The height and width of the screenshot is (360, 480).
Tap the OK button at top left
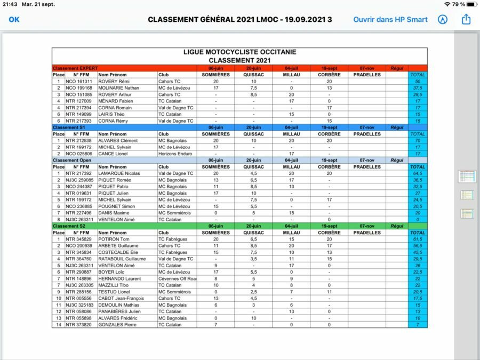pos(14,19)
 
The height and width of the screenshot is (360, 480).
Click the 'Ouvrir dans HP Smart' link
pos(390,19)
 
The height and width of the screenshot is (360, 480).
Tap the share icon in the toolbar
pos(467,19)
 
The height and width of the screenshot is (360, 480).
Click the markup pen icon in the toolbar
pos(442,19)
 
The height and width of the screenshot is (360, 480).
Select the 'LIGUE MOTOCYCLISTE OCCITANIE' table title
pos(239,52)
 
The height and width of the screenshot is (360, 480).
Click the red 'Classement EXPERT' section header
pos(75,68)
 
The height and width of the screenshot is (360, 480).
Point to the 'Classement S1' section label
pos(69,127)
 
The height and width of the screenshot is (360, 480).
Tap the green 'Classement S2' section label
pos(69,226)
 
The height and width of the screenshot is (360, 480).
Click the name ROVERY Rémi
pos(115,82)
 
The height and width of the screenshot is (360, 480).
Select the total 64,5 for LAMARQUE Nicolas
pos(418,173)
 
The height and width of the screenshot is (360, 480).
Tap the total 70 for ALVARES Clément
pos(418,141)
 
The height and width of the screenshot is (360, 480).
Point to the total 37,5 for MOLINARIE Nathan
pos(418,88)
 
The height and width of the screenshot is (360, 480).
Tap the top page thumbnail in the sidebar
pos(467,177)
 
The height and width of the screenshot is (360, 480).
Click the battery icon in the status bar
pos(469,4)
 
